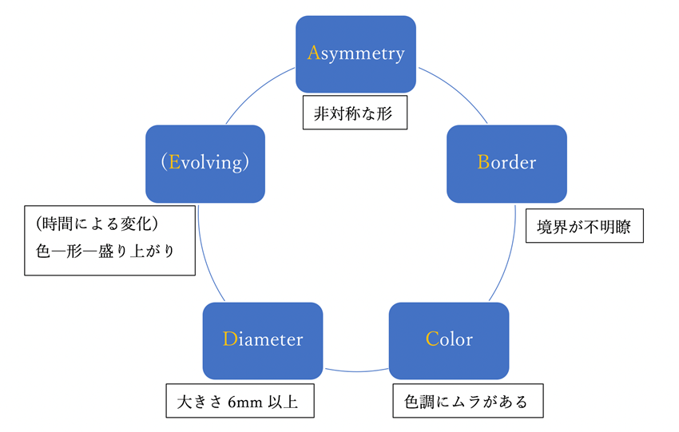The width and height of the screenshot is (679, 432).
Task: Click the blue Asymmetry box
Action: pos(355,54)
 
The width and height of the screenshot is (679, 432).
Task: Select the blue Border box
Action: pos(506,163)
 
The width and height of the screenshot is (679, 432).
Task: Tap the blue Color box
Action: pos(448,339)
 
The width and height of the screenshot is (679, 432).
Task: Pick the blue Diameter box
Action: pos(263,339)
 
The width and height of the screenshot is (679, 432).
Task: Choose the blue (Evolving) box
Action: pos(205,163)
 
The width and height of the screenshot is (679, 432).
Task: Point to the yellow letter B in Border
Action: pos(482,163)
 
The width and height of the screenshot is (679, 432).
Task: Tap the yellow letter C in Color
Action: pos(431,339)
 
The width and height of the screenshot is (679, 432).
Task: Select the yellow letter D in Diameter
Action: pos(228,339)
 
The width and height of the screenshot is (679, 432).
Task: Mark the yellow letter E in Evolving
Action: pos(173,163)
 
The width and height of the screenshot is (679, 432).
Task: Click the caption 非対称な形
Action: pos(355,113)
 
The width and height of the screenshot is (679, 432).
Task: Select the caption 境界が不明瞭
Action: pos(583,228)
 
